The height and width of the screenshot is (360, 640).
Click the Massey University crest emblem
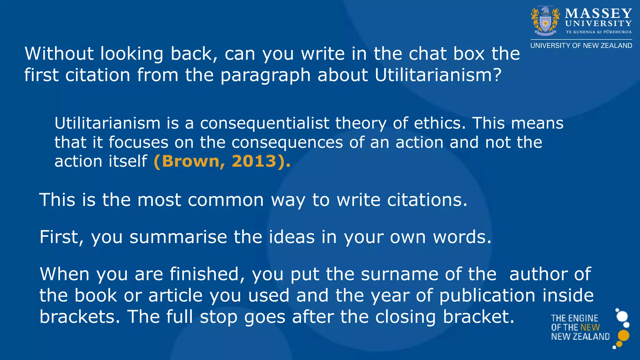(x=545, y=21)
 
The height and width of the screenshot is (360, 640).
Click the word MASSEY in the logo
(x=598, y=13)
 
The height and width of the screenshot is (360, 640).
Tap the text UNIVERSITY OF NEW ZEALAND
(x=581, y=46)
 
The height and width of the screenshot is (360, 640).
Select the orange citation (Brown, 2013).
(x=222, y=161)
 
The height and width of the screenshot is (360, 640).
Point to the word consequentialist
(x=265, y=123)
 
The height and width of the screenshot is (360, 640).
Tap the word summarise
(x=178, y=237)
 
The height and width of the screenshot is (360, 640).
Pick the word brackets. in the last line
(x=80, y=317)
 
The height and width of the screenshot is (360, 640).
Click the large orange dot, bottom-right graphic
(x=623, y=335)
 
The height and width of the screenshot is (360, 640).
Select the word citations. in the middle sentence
(x=427, y=200)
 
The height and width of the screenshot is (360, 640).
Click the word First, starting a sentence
(x=62, y=237)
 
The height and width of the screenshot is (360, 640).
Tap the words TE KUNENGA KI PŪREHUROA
(x=599, y=32)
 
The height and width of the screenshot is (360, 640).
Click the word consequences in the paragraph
(x=287, y=142)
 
